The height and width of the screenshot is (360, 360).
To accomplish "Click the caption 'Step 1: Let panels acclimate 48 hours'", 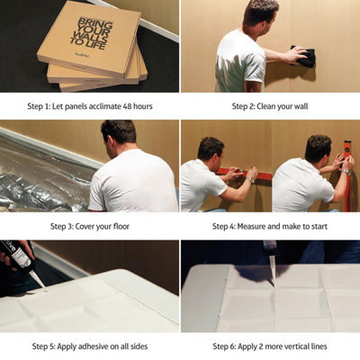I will [89, 106].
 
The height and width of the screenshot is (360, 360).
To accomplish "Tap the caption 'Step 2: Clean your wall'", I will [269, 106].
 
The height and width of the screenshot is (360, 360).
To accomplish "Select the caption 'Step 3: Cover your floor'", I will [89, 226].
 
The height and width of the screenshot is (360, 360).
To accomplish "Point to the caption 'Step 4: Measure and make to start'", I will [269, 226].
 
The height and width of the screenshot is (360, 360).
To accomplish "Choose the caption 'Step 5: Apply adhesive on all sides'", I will [89, 346].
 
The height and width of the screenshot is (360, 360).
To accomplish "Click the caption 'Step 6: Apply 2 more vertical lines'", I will [269, 346].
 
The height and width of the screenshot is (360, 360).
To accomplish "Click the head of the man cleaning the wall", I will [260, 13].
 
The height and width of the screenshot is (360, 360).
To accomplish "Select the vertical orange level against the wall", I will [347, 171].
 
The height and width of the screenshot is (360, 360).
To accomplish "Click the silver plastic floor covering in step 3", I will [40, 180].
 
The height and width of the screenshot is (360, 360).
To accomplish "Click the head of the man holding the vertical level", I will [317, 148].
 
